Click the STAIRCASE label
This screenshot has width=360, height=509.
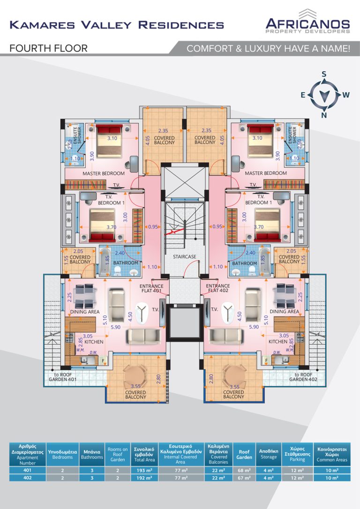tap(184, 257)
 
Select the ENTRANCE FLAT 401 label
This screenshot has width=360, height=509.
tap(151, 289)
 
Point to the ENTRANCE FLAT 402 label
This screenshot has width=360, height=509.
tap(217, 289)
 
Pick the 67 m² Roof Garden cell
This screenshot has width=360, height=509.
tap(244, 478)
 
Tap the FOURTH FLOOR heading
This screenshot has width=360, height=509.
tap(48, 48)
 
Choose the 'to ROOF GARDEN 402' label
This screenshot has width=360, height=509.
tap(300, 377)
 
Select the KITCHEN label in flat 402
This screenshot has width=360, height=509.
tap(278, 342)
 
